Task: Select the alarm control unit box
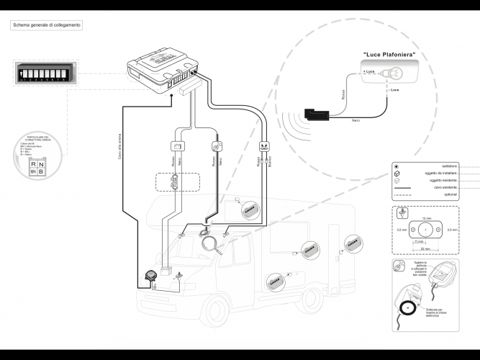[161, 69]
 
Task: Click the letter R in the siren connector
[32, 164]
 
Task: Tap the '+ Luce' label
[368, 72]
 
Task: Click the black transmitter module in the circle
[314, 113]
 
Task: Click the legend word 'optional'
[450, 194]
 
